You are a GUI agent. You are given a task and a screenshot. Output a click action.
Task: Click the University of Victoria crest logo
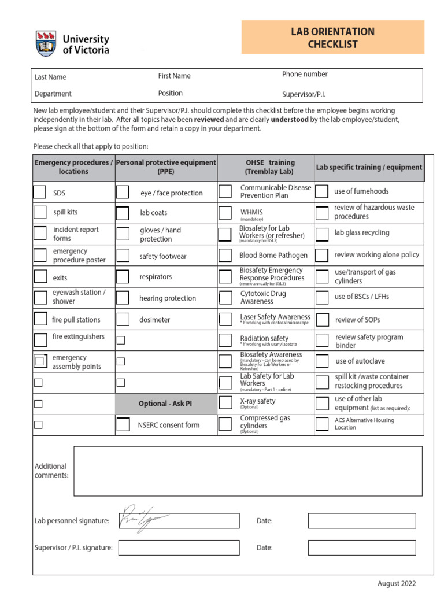(x=46, y=44)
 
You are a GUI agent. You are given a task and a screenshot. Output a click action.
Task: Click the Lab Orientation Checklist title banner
(x=332, y=38)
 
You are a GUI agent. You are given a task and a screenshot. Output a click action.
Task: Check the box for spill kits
(x=39, y=212)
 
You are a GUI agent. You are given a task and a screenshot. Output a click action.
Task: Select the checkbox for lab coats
(x=123, y=213)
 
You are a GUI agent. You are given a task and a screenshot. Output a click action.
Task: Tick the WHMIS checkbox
(x=225, y=213)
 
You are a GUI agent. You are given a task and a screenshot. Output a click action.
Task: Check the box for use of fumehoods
(x=322, y=191)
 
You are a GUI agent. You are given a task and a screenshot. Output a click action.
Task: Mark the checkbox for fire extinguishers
(x=40, y=339)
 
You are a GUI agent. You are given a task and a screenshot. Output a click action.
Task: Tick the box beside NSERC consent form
(x=123, y=425)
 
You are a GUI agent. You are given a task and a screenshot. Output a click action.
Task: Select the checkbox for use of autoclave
(x=322, y=361)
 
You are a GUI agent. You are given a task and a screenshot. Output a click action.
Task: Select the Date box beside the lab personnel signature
(x=361, y=521)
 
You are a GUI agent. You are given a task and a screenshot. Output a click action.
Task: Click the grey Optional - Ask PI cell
(x=165, y=404)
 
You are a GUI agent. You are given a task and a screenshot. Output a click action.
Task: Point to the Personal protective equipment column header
(x=166, y=167)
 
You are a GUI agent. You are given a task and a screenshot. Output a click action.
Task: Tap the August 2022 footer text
(x=396, y=583)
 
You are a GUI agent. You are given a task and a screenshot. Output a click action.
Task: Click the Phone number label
(x=305, y=74)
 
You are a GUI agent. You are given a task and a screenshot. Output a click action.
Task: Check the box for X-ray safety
(x=225, y=404)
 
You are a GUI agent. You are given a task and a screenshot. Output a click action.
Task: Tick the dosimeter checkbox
(x=123, y=319)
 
